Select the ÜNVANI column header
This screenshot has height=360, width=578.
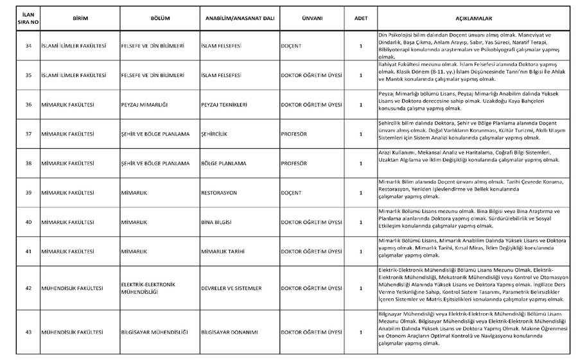point(312,19)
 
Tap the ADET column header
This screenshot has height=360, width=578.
point(361,19)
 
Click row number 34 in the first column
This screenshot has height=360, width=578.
point(28,46)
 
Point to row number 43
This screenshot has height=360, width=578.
point(28,332)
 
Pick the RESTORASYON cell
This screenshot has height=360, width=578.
point(219,193)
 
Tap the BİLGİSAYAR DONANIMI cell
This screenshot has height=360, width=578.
point(229,332)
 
